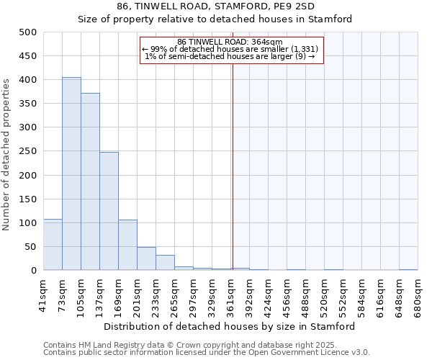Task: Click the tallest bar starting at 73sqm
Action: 71,174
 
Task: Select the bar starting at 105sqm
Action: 90,181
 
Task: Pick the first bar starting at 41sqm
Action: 53,245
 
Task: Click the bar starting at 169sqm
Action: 127,245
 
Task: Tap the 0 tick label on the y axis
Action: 33,271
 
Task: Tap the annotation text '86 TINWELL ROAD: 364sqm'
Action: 230,42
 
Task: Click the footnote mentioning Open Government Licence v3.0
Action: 207,353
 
